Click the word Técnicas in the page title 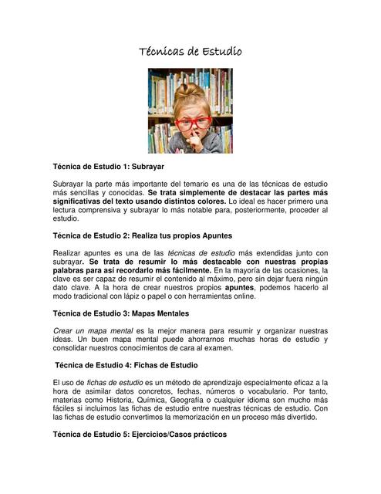(x=161, y=52)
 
